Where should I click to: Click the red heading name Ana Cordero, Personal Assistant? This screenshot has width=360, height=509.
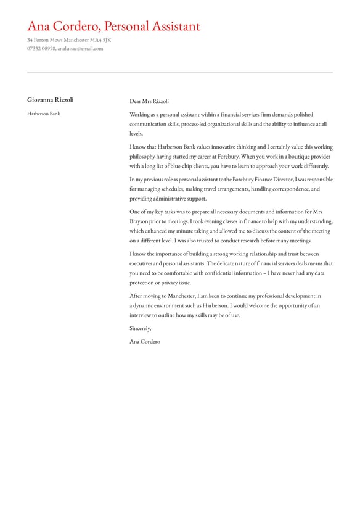click(x=113, y=27)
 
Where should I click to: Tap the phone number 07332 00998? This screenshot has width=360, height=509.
click(x=41, y=48)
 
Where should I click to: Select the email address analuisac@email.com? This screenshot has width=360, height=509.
click(x=80, y=48)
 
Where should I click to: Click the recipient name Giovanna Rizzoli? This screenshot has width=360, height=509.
click(x=50, y=100)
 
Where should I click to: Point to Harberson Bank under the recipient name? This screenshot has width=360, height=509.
click(x=43, y=114)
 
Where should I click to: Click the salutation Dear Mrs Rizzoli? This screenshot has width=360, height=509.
click(x=149, y=101)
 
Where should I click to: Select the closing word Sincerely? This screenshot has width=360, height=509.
click(x=140, y=328)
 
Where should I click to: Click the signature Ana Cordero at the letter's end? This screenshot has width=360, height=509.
click(x=144, y=341)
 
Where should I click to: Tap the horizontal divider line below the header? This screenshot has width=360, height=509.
click(x=179, y=72)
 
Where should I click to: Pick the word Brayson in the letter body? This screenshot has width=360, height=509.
click(x=139, y=221)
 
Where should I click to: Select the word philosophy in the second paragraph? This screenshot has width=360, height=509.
click(x=144, y=157)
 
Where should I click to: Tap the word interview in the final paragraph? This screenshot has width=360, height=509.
click(x=141, y=315)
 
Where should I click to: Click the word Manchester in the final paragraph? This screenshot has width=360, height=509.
click(x=186, y=296)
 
